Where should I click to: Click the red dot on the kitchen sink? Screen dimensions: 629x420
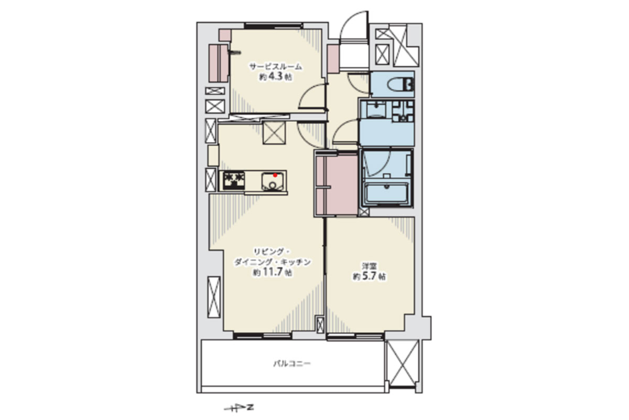coord(275,175)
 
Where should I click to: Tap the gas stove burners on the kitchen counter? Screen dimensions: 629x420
coord(234,181)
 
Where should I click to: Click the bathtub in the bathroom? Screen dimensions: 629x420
coord(386,193)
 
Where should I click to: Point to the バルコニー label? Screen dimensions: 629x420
coord(292,364)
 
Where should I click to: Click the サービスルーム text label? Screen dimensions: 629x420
coord(276,67)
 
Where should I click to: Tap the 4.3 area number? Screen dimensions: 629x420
coord(276,77)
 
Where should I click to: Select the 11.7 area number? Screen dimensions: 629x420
coord(272,272)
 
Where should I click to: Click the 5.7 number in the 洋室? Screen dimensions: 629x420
coord(369,276)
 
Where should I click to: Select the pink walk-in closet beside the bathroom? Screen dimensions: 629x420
coord(337,185)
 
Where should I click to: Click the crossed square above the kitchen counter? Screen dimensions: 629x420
coord(274,133)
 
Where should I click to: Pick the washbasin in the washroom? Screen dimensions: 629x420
coord(376,109)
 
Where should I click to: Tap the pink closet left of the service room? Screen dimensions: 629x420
coord(219,64)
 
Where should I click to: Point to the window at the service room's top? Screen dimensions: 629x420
coord(274,26)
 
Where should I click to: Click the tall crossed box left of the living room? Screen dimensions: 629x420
coord(214,297)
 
